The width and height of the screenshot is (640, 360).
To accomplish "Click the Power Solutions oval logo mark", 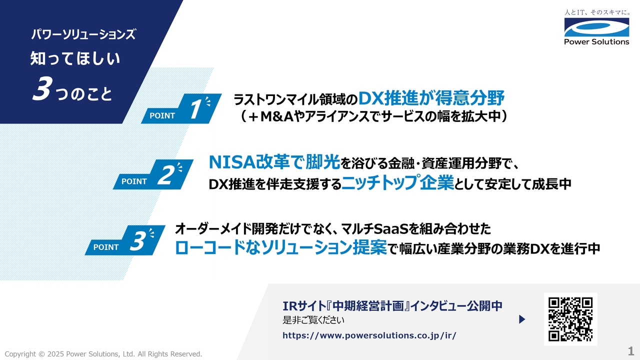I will coord(596,27).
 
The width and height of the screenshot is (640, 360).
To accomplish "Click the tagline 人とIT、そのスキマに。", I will coord(596,11).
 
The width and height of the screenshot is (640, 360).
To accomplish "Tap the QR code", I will coord(570,319).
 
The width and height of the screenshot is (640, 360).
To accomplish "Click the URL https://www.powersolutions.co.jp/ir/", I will coord(369,335).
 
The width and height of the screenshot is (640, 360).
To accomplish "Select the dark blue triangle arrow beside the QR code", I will coord(522,319).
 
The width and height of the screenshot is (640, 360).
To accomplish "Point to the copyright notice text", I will coord(103,354).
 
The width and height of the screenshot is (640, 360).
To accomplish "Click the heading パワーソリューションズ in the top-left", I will coord(82,34).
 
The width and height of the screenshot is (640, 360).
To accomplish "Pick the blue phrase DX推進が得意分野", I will coord(431,97).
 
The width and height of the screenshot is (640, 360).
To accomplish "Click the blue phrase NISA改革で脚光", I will coord(274,161).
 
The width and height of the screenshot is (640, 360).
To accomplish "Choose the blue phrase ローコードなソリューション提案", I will coord(281,248).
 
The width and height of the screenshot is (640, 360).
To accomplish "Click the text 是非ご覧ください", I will coord(313,320).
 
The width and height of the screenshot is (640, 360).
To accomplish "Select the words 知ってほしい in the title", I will coord(75,59).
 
